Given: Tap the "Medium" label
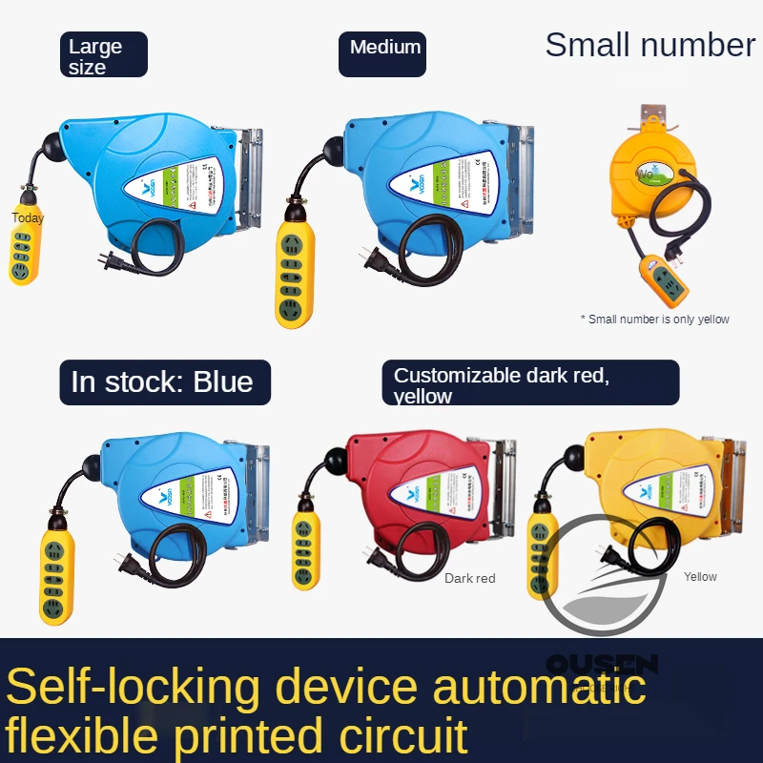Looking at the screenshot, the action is [x=383, y=48].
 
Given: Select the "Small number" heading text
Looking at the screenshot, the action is [x=650, y=45].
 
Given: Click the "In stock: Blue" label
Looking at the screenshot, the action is [x=163, y=381].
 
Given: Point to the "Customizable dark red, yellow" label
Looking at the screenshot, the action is [x=529, y=382].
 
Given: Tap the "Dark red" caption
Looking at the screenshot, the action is [x=469, y=578].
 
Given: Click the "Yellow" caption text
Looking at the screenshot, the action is [x=700, y=576].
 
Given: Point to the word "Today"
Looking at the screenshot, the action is [x=28, y=218].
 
